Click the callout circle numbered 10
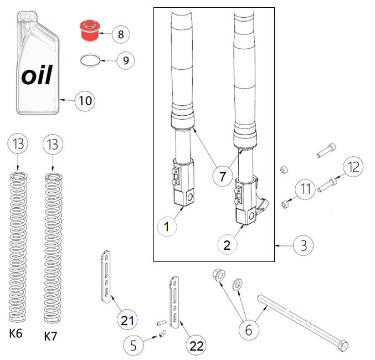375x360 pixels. [84, 100]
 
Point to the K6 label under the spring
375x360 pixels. [17, 335]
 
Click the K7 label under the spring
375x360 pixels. [51, 336]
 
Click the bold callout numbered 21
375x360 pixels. [128, 320]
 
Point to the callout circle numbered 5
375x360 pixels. [133, 346]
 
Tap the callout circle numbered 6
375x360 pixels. [248, 330]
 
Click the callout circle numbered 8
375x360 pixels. [120, 34]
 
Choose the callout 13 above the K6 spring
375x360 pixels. [18, 145]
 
